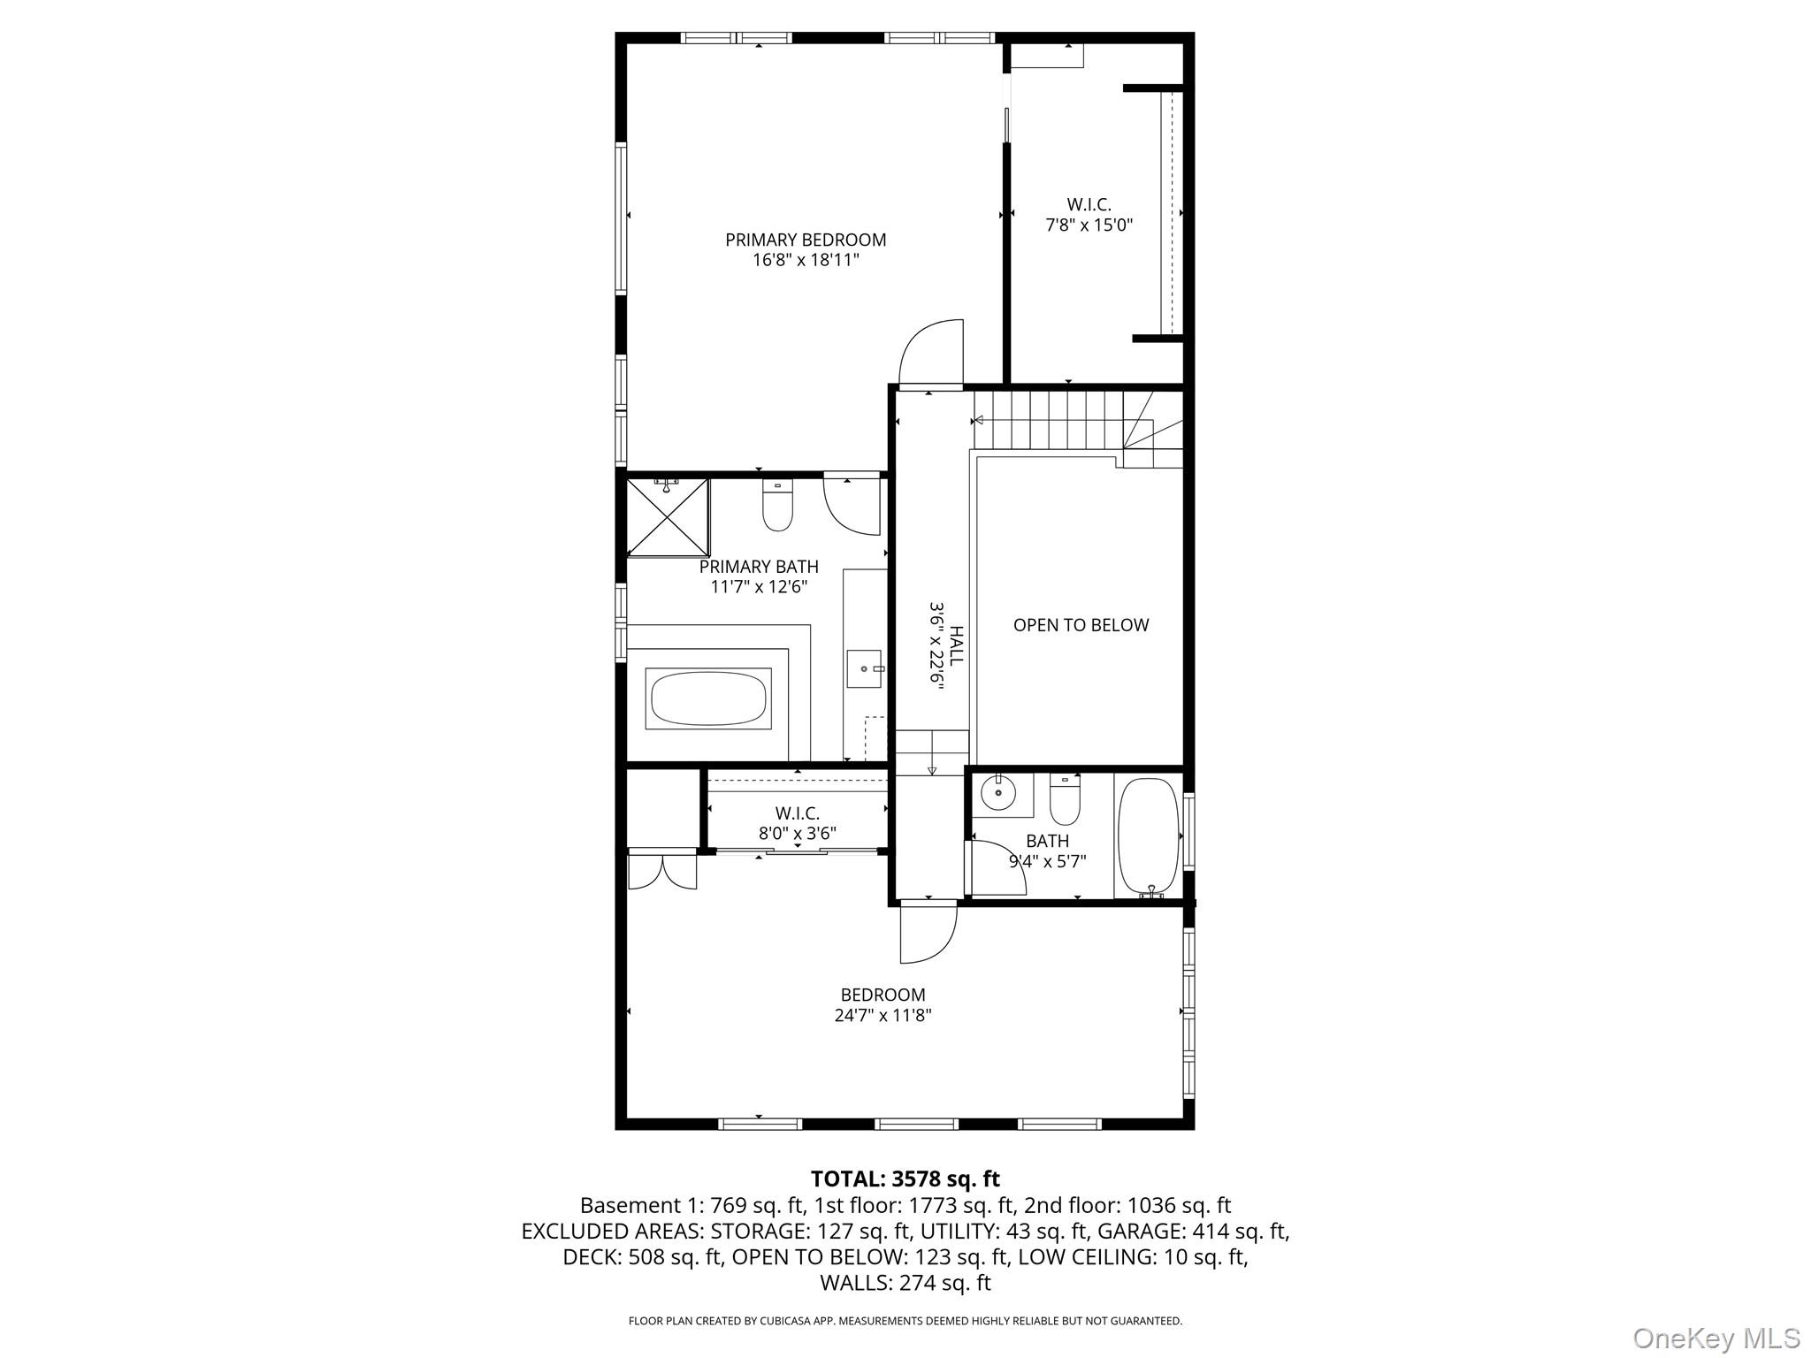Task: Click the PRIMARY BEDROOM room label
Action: [806, 240]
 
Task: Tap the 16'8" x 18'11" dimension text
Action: [806, 260]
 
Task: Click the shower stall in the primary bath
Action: [668, 517]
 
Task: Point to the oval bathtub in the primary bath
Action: [708, 698]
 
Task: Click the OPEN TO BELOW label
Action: [1081, 625]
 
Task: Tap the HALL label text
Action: [957, 645]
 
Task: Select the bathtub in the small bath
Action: [1149, 837]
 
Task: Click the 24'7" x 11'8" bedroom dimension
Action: [883, 1015]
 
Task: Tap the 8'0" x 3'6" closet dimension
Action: [797, 833]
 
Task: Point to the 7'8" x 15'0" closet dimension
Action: [1089, 225]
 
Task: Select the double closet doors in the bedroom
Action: [662, 870]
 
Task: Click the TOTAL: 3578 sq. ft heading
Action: [905, 1179]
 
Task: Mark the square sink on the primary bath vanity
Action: [865, 668]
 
